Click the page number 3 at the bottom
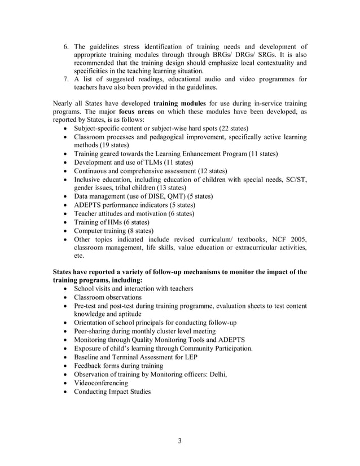(x=179, y=441)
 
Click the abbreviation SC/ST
(x=295, y=179)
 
